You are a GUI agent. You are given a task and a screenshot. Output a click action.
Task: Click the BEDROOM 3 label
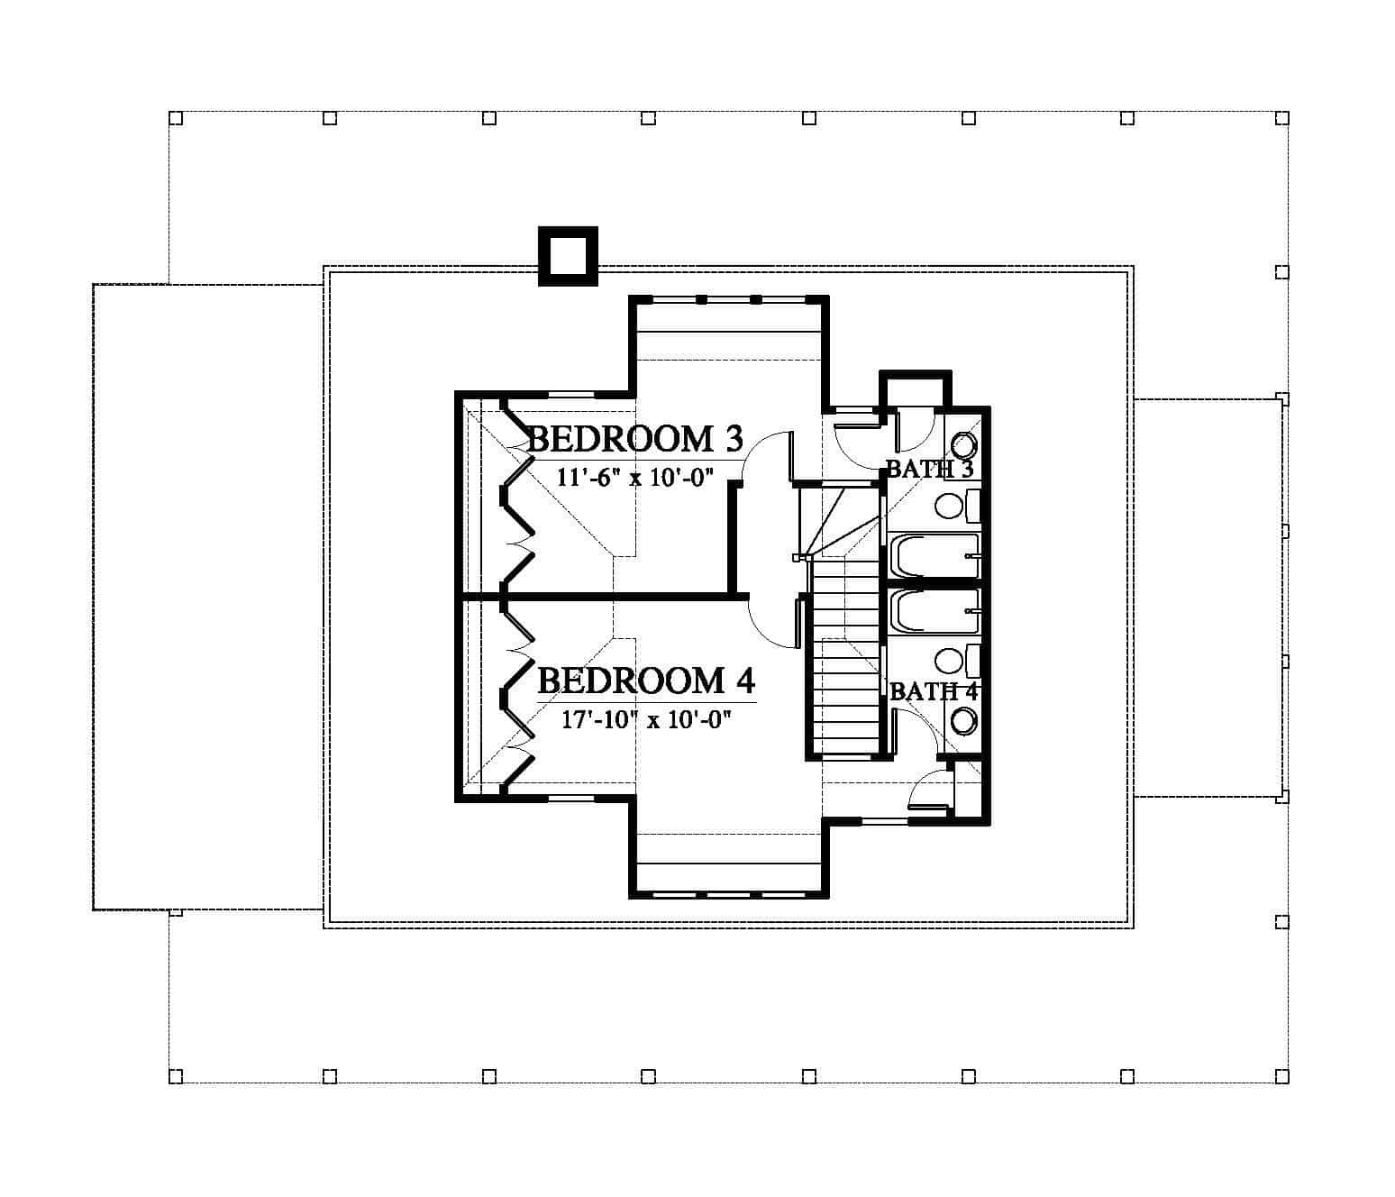634,439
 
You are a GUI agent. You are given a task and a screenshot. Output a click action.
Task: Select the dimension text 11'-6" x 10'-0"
635,478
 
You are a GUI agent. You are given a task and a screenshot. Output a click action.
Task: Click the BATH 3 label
929,469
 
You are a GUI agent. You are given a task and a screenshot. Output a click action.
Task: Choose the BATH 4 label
934,691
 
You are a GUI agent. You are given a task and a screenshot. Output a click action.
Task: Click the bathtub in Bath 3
934,555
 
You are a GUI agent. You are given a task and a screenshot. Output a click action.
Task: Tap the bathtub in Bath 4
934,611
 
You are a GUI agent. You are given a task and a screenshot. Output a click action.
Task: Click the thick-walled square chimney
568,257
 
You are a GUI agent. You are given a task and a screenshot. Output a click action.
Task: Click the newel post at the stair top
798,558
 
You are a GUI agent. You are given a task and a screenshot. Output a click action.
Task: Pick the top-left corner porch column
176,118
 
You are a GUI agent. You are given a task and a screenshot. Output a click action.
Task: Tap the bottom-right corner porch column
1281,1075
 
